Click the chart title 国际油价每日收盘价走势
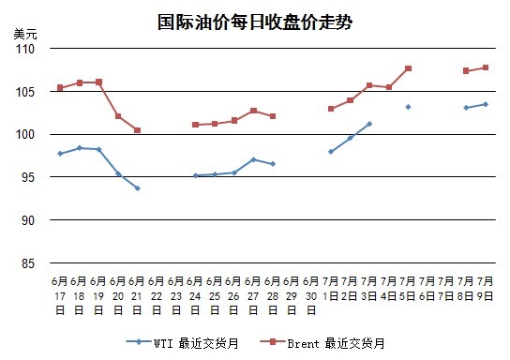255,22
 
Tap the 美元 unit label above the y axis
25,34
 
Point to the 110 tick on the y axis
25,49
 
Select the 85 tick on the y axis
28,263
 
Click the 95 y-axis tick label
28,177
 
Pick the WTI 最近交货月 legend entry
182,343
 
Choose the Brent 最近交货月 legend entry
322,343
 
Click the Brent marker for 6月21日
137,130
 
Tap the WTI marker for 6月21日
138,188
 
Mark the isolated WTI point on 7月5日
408,107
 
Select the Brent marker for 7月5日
408,68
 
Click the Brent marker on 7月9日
486,67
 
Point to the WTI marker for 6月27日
253,159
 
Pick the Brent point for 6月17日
60,88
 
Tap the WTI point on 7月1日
331,152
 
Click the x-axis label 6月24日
195,295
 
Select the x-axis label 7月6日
427,289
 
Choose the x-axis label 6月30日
311,295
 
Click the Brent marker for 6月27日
253,111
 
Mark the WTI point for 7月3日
369,124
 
